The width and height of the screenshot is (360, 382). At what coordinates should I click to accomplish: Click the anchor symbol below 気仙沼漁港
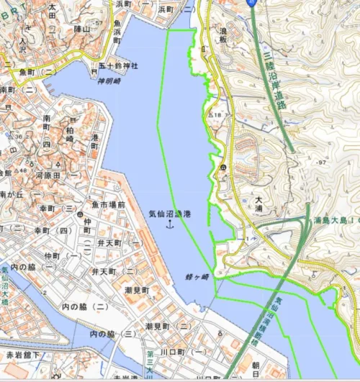pos(170,224)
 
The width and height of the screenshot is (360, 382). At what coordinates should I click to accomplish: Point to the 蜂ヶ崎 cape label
pos(197,276)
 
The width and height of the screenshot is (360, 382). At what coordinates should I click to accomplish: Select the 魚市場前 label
pos(109,205)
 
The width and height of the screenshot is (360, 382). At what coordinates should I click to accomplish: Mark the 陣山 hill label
pos(81,29)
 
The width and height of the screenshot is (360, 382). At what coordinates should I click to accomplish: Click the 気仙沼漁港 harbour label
pos(170,214)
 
